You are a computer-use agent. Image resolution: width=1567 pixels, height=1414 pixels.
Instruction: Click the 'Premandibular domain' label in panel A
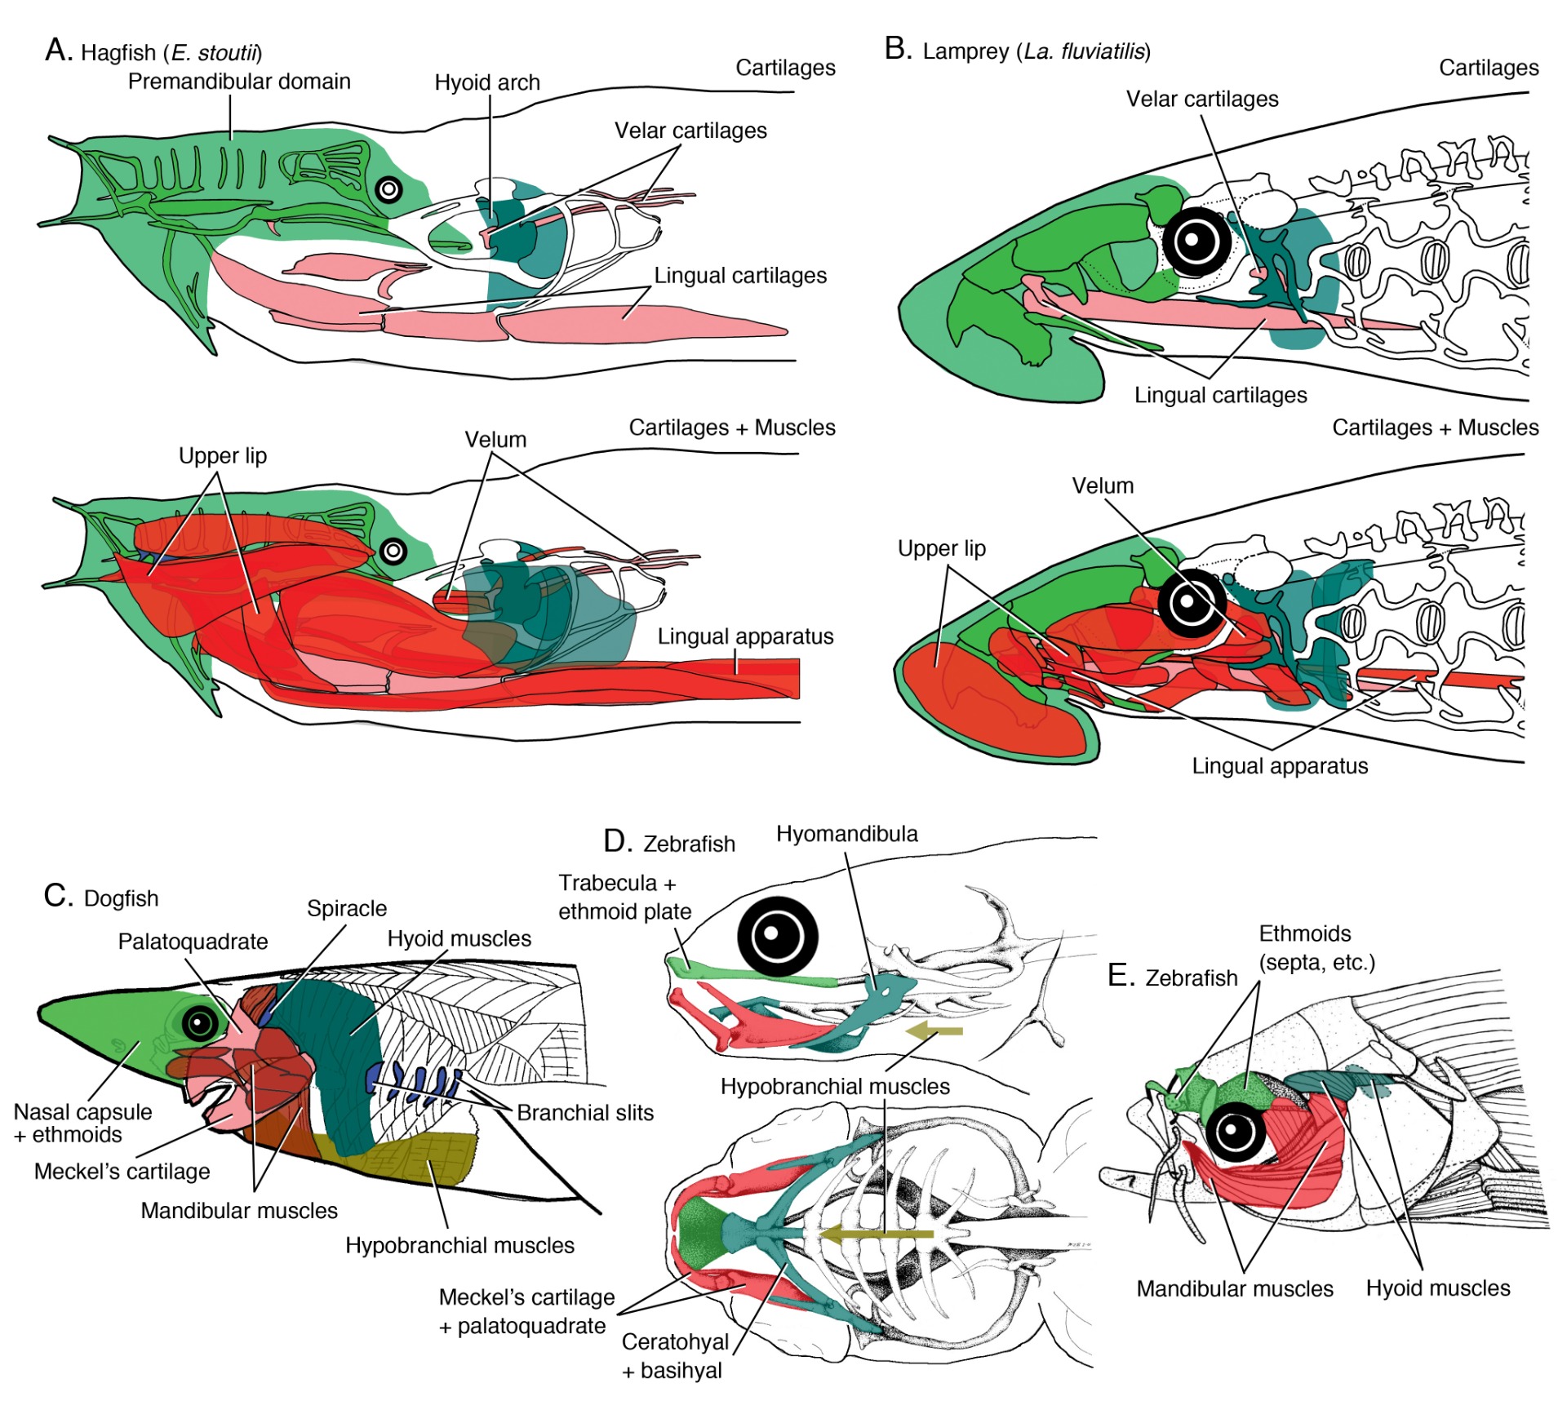pos(239,82)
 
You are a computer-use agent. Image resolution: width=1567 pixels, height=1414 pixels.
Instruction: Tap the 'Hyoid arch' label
pos(486,82)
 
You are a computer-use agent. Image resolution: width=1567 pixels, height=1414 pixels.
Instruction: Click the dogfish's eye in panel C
pos(200,1022)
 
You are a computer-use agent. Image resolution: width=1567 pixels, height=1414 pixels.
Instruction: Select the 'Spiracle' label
pos(346,908)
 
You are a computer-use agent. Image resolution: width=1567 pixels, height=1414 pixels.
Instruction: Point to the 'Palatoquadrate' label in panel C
pos(193,941)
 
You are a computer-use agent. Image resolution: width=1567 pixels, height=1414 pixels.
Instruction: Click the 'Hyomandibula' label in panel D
pos(846,833)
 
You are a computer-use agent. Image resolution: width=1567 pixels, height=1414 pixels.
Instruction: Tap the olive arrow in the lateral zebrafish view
pos(934,1031)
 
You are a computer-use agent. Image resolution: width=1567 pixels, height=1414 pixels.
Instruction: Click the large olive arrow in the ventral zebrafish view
pos(877,1233)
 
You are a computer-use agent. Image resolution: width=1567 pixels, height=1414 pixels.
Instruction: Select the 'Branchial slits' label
pos(584,1112)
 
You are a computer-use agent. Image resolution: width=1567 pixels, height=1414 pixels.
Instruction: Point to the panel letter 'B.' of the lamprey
pos(898,49)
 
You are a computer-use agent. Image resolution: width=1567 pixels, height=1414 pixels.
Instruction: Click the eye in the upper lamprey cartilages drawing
pos(1196,241)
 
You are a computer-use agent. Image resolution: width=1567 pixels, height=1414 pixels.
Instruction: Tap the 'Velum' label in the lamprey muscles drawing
pos(1102,485)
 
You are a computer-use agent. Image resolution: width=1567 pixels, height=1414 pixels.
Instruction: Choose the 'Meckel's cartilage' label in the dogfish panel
pos(122,1171)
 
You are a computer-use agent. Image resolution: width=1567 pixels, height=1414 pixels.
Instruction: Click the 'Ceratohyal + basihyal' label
pos(674,1355)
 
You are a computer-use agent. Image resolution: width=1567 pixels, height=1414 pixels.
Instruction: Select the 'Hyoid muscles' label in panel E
pos(1437,1288)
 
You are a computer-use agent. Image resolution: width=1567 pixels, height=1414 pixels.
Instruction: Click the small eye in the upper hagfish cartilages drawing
pos(389,190)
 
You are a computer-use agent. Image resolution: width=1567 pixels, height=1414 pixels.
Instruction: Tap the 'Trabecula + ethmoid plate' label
pos(624,897)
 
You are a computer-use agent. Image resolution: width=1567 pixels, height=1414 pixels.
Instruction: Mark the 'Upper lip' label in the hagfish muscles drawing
pos(222,455)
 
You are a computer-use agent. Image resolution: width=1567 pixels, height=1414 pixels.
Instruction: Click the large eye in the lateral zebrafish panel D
pos(777,937)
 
